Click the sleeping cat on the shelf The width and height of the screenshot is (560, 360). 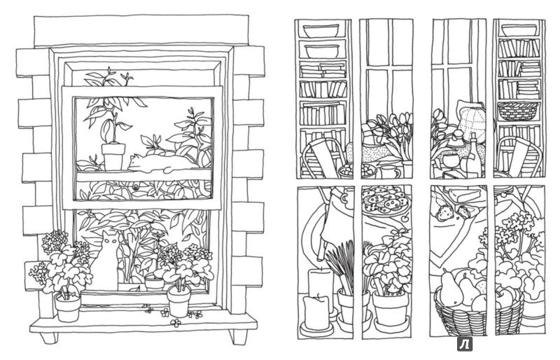pos(162,163)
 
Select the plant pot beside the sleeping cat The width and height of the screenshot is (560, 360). pos(113,157)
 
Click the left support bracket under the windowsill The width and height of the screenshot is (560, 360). pos(49,338)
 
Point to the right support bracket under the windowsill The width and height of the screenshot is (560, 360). pos(237,337)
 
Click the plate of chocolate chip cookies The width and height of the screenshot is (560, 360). pos(384,201)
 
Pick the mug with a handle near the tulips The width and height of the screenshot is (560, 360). pos(391,172)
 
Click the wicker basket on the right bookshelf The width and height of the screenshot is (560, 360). pos(517,111)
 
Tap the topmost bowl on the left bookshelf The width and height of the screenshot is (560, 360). pos(321,30)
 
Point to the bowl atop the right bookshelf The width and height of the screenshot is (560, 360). pos(519,30)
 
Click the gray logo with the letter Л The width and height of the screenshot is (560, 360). pos(465,345)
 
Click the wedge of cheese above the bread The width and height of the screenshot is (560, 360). pos(463,195)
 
